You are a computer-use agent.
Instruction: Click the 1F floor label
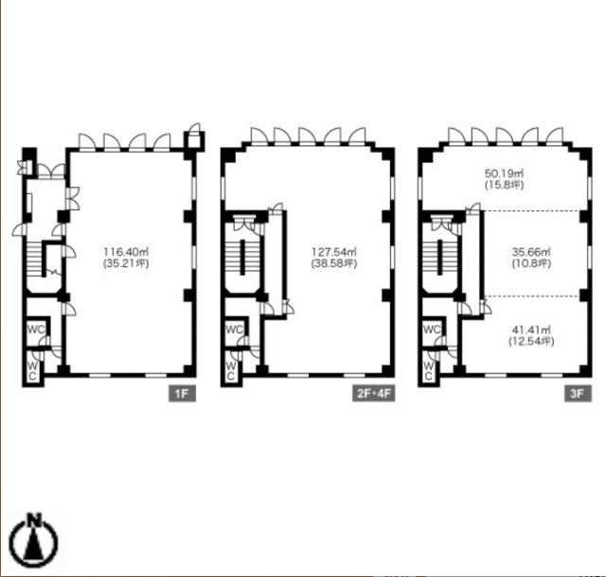pos(182,394)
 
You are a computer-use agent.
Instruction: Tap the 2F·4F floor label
pos(373,394)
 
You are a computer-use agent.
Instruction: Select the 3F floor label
pos(578,394)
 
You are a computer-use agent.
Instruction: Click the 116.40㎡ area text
pos(126,252)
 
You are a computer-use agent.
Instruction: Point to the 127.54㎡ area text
pos(334,252)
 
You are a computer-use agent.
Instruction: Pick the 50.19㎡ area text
pos(504,173)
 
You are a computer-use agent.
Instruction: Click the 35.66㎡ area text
pos(531,252)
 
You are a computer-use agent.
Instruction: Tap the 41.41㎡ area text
pos(531,330)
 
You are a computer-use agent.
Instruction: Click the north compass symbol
pos(34,541)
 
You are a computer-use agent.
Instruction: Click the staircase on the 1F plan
pos(34,259)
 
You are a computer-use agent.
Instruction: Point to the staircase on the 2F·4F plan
pos(242,258)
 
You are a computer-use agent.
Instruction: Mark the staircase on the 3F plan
pos(439,258)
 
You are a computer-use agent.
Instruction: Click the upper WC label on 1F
pos(36,330)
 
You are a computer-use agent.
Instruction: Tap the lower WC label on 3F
pos(428,370)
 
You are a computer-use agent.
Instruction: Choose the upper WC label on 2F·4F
pos(234,330)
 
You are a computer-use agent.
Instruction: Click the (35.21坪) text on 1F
pos(126,263)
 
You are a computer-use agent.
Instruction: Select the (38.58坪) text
pos(334,263)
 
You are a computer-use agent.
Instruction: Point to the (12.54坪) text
pos(531,341)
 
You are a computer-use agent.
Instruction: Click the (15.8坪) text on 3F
pos(504,185)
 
